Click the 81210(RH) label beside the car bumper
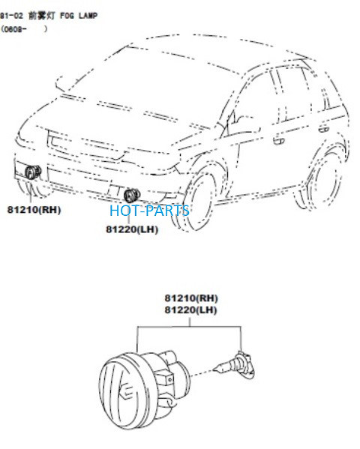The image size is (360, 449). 34,210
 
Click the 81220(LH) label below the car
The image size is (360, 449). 132,229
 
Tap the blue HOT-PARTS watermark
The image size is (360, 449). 149,211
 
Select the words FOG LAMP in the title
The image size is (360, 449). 79,16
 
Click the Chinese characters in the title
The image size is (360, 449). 41,16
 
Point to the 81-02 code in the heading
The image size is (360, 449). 11,16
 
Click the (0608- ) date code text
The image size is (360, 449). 24,29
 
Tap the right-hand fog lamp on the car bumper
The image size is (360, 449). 33,172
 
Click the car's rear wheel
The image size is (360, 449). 321,183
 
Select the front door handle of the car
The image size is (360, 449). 278,141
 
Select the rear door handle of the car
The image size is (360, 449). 323,129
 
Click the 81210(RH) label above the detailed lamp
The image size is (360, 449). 191,298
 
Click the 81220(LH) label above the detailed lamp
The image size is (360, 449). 190,310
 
